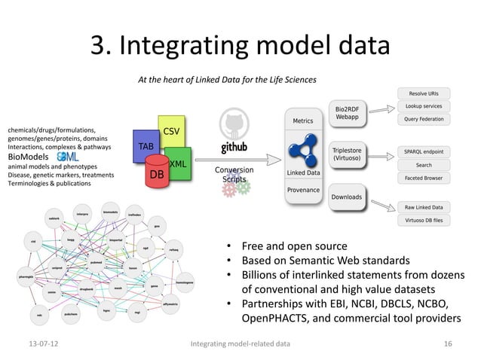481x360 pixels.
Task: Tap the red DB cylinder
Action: pyautogui.click(x=157, y=172)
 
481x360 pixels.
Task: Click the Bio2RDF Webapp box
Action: pyautogui.click(x=346, y=112)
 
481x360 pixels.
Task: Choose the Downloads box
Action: pyautogui.click(x=347, y=198)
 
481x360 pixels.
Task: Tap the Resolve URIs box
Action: pyautogui.click(x=424, y=94)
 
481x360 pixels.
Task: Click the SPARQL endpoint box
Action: pyautogui.click(x=424, y=151)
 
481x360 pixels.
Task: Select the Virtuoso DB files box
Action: pyautogui.click(x=424, y=220)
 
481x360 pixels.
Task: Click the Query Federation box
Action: pyautogui.click(x=424, y=119)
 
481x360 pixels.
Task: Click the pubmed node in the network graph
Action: pyautogui.click(x=96, y=263)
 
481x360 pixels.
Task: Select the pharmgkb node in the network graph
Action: pyautogui.click(x=26, y=276)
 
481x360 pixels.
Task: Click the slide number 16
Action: pyautogui.click(x=448, y=344)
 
